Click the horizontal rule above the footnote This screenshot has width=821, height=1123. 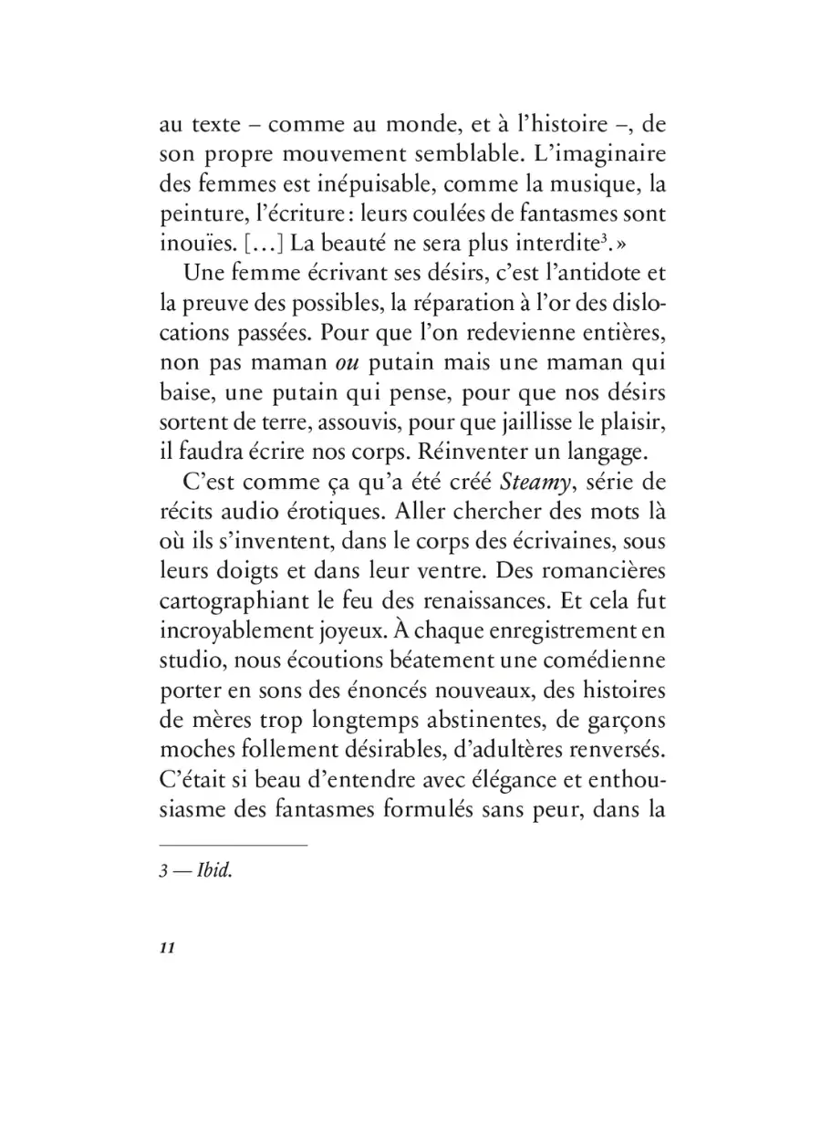pyautogui.click(x=234, y=845)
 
